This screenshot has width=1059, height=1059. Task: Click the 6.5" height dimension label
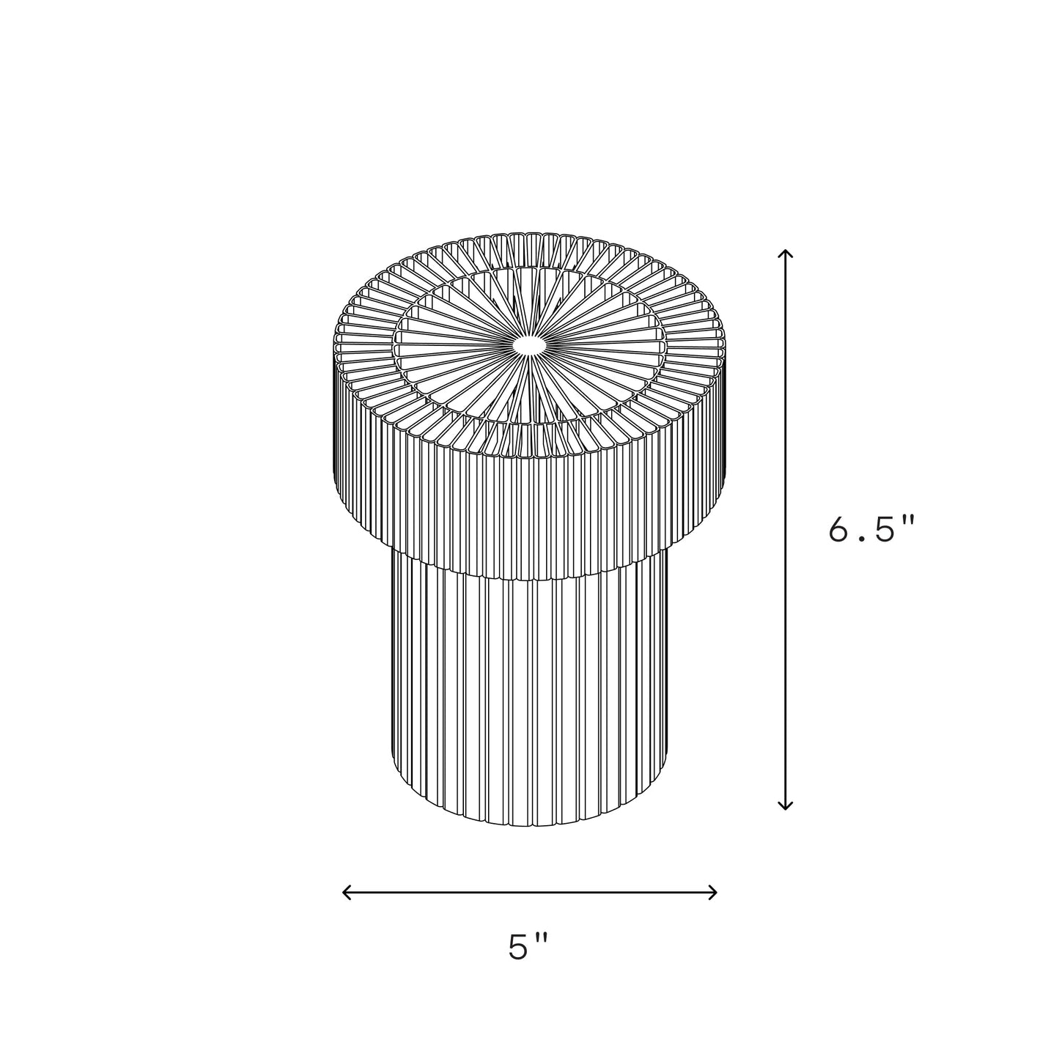872,529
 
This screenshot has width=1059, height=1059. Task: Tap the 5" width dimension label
528,948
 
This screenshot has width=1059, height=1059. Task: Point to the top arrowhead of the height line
786,254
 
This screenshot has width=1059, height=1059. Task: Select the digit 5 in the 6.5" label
886,529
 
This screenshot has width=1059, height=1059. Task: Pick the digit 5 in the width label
519,948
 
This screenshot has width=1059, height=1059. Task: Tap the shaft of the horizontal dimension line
528,892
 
